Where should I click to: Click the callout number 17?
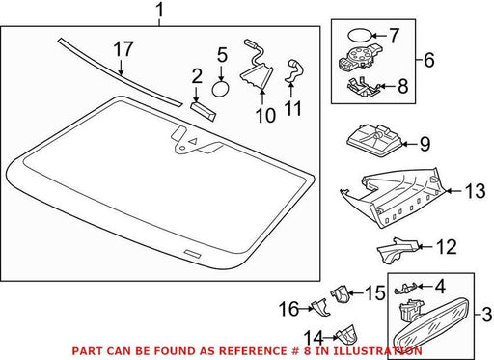click(x=123, y=49)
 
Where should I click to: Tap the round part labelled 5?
click(x=221, y=89)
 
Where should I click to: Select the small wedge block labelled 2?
click(x=203, y=111)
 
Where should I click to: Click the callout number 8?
click(x=402, y=86)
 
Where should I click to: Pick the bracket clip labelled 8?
click(x=363, y=87)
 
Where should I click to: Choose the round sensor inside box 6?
click(x=359, y=57)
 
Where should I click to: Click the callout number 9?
click(x=425, y=144)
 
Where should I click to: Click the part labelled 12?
click(x=398, y=250)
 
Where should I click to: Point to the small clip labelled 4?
click(x=405, y=288)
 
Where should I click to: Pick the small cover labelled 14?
click(x=346, y=335)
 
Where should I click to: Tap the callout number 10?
click(x=265, y=116)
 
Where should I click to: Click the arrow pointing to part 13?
click(x=453, y=191)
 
